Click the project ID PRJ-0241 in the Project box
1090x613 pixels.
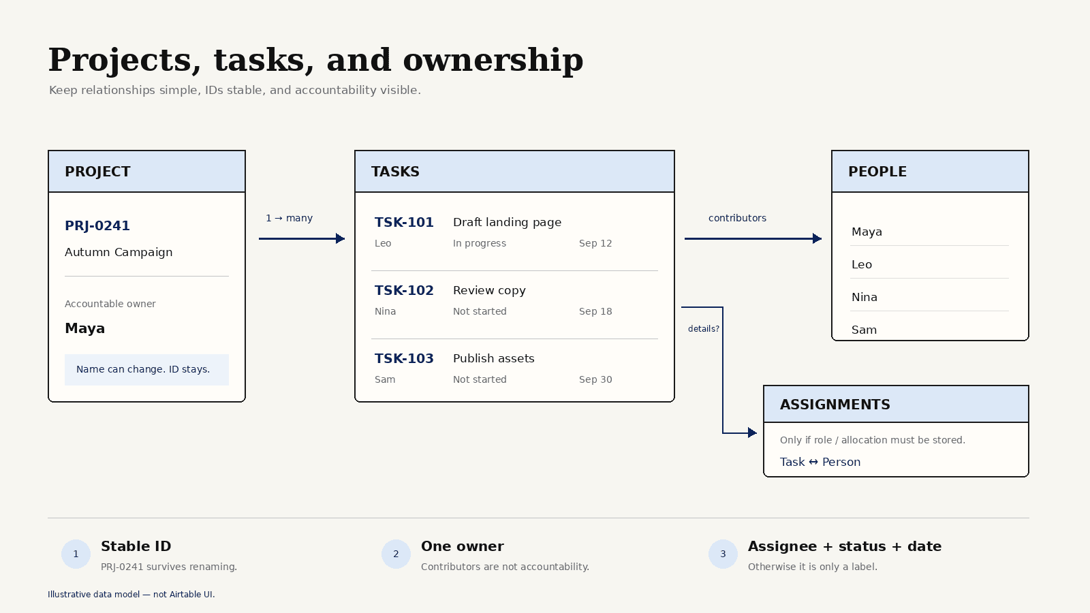point(97,225)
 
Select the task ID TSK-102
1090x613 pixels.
point(404,290)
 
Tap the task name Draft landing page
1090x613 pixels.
point(507,222)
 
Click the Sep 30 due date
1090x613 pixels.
point(595,379)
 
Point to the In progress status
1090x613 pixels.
point(480,243)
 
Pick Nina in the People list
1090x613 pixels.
point(865,297)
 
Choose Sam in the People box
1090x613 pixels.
point(865,330)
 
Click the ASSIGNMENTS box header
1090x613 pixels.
point(896,405)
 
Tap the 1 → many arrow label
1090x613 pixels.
point(289,218)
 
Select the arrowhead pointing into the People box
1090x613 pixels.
point(817,238)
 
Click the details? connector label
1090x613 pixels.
point(704,329)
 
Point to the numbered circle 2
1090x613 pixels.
point(396,554)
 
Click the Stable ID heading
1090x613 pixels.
point(136,546)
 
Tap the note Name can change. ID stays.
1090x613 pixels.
point(143,369)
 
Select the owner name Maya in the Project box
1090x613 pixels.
point(84,328)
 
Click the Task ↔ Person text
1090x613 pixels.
point(820,462)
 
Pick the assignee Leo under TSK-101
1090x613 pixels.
point(383,243)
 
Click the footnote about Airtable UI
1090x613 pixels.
point(131,595)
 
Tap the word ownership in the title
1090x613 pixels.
point(493,61)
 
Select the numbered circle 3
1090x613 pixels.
point(723,554)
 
